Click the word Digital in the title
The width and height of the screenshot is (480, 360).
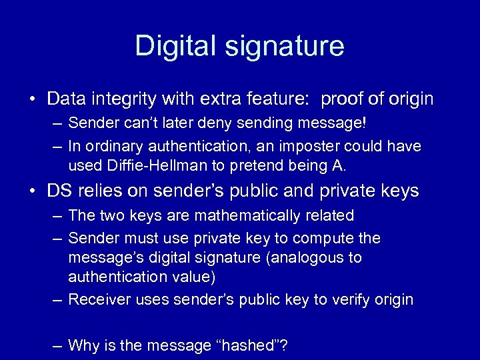[175, 46]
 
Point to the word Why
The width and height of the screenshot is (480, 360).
[84, 345]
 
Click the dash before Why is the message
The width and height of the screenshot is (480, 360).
[57, 345]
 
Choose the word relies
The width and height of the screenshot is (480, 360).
[100, 191]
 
